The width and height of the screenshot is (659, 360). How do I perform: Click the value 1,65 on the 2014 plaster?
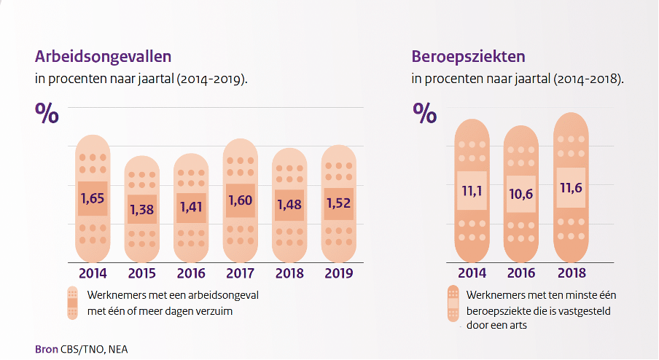(93, 198)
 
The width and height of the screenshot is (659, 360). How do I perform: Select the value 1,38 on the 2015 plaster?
(141, 209)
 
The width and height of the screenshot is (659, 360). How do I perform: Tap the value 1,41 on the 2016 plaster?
(191, 207)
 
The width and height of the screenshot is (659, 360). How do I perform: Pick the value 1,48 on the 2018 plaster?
(290, 206)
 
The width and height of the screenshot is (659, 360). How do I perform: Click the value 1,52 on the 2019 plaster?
(339, 203)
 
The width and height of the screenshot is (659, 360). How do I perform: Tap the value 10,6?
(521, 194)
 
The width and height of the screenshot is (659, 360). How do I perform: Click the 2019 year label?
(339, 274)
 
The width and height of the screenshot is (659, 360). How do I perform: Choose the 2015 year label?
(141, 274)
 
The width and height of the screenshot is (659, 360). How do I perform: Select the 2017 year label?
(241, 274)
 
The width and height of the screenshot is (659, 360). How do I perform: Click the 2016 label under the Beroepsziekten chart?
(522, 274)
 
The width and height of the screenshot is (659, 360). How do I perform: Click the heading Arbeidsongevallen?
(104, 56)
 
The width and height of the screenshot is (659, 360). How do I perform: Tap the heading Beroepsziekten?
(469, 56)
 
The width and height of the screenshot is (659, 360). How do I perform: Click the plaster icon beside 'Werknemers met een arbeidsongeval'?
(73, 302)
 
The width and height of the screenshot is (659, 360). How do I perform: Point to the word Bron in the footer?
(47, 348)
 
